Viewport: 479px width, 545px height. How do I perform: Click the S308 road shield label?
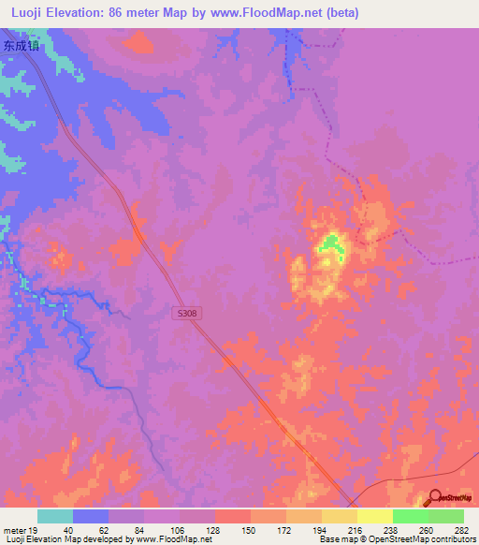coord(187,314)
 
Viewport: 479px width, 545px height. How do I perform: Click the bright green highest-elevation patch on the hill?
coord(328,245)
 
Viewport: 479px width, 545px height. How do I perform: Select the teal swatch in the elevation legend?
coord(55,516)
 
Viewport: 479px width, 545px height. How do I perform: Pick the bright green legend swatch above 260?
coord(410,516)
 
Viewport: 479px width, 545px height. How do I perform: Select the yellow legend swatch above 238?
coord(374,516)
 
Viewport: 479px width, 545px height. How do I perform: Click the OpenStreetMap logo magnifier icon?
coord(436,500)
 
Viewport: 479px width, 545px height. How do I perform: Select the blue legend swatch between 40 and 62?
coord(91,516)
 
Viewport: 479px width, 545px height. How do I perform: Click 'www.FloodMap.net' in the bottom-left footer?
coord(158,539)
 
